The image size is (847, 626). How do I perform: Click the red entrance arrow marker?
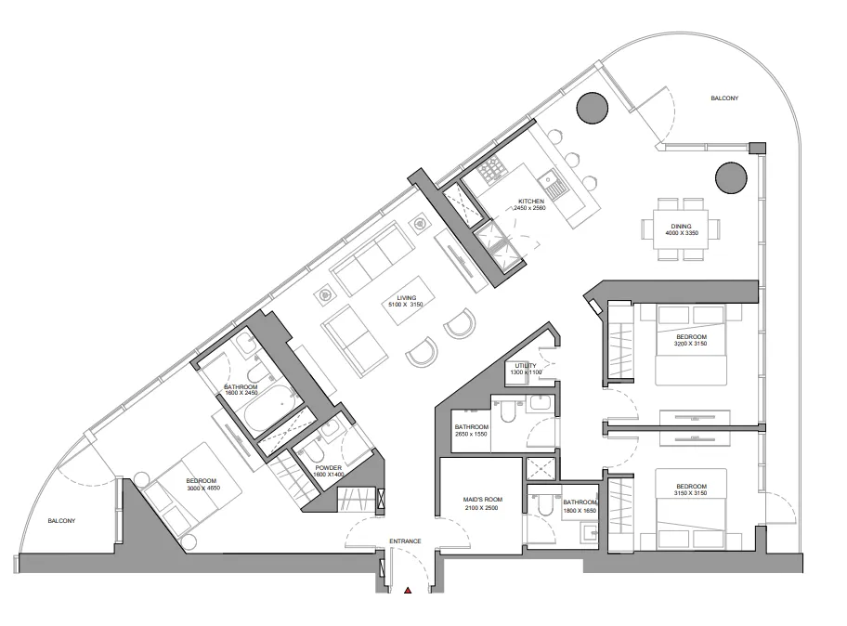point(407,589)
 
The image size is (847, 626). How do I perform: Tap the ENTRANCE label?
point(405,541)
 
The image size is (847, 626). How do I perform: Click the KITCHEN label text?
point(531,202)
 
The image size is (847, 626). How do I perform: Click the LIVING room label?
point(405,298)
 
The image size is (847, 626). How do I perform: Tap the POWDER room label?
point(329,468)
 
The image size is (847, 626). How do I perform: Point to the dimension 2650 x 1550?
point(472,434)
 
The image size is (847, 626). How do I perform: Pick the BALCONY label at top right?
point(724,98)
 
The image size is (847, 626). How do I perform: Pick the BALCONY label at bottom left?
point(61,521)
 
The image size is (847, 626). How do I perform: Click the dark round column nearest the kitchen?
point(591,109)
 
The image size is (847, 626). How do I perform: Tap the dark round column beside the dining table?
point(729,176)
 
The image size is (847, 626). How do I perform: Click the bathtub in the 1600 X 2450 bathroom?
point(269,412)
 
